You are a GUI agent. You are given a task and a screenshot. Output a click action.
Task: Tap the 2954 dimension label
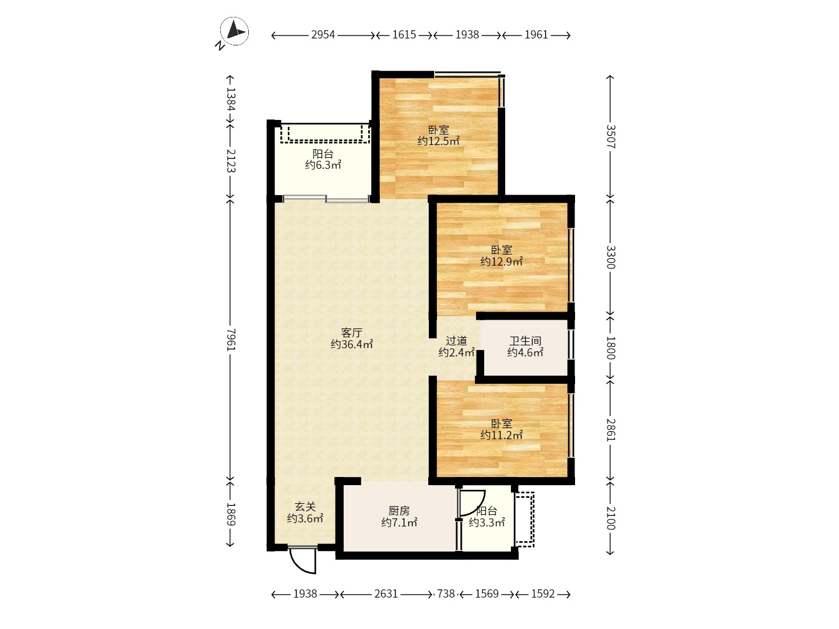[x=323, y=35]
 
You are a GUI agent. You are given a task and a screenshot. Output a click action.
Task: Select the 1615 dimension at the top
[x=404, y=35]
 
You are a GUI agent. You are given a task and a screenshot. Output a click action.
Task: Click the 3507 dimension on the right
[x=611, y=137]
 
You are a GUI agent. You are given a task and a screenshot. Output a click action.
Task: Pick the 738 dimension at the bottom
[x=446, y=594]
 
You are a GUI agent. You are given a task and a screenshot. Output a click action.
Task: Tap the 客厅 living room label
[x=352, y=333]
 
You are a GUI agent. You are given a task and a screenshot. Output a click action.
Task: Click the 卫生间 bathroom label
[x=525, y=341]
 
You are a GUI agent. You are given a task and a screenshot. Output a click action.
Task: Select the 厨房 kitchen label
[x=399, y=511]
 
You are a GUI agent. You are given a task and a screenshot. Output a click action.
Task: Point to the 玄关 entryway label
[x=305, y=507]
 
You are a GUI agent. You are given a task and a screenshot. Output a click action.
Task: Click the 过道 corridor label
[x=456, y=340]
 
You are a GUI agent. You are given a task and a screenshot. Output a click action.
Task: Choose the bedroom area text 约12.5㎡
[x=438, y=142]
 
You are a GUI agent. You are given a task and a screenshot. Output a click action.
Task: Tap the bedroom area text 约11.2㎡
[x=502, y=435]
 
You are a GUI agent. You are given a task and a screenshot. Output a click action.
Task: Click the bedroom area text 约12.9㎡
[x=502, y=262]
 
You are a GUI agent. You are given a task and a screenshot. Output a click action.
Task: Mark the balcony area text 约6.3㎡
[x=323, y=165]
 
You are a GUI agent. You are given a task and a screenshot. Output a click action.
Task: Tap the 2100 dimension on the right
[x=611, y=518]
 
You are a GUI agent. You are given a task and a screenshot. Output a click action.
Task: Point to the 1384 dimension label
[x=231, y=99]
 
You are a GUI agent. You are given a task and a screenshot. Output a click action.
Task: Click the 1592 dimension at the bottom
[x=543, y=594]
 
